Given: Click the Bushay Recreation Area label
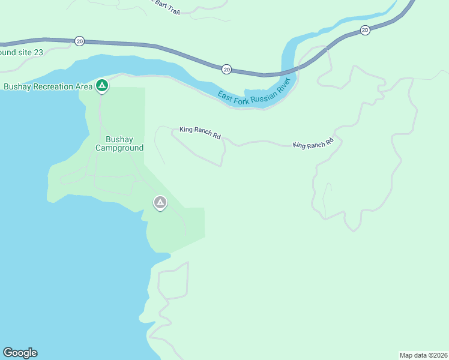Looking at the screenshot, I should (48, 86).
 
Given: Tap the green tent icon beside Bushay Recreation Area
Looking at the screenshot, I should (102, 86).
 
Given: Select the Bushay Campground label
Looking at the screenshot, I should (119, 143).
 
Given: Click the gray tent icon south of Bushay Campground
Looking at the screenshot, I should (160, 203).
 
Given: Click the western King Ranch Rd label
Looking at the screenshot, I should (200, 133).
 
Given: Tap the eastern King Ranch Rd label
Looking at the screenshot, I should (313, 145).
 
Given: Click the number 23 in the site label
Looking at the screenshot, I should (38, 52).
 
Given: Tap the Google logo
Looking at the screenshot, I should (20, 353).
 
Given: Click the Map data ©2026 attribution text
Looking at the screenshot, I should (424, 355).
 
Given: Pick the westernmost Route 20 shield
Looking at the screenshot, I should (80, 41).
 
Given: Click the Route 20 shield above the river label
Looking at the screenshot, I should (226, 69).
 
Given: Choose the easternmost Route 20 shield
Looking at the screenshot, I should (365, 30).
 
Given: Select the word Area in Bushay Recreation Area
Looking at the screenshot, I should (85, 86).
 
